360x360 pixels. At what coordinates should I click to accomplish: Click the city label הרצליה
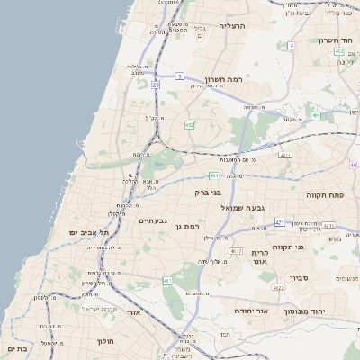(257, 26)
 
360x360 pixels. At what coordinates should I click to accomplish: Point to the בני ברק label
(208, 192)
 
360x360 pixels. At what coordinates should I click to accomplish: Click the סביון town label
(300, 278)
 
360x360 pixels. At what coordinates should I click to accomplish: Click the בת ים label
(17, 348)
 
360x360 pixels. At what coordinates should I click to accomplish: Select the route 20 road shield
(156, 85)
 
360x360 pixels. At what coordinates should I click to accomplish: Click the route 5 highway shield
(180, 76)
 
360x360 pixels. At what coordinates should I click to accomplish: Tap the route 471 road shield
(280, 222)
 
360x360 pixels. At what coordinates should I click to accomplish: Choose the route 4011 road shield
(285, 156)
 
